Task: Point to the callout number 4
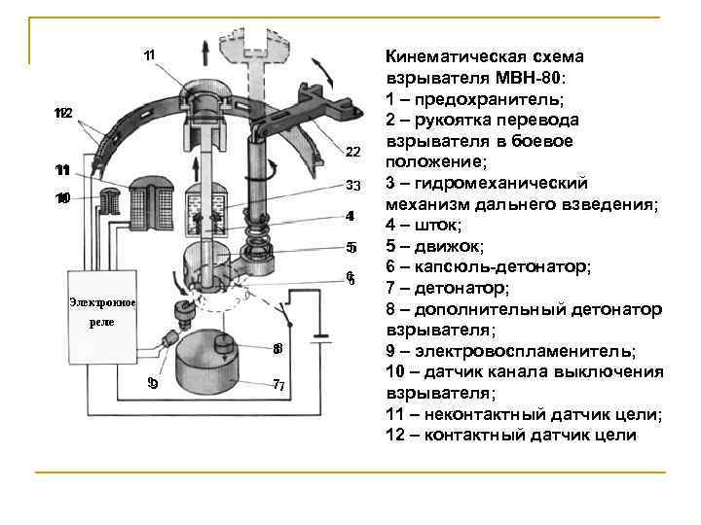click(350, 215)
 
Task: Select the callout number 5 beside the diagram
click(351, 246)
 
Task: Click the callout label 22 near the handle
click(352, 153)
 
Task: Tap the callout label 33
click(352, 185)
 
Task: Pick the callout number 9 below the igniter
click(152, 382)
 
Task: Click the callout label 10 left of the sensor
click(62, 199)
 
